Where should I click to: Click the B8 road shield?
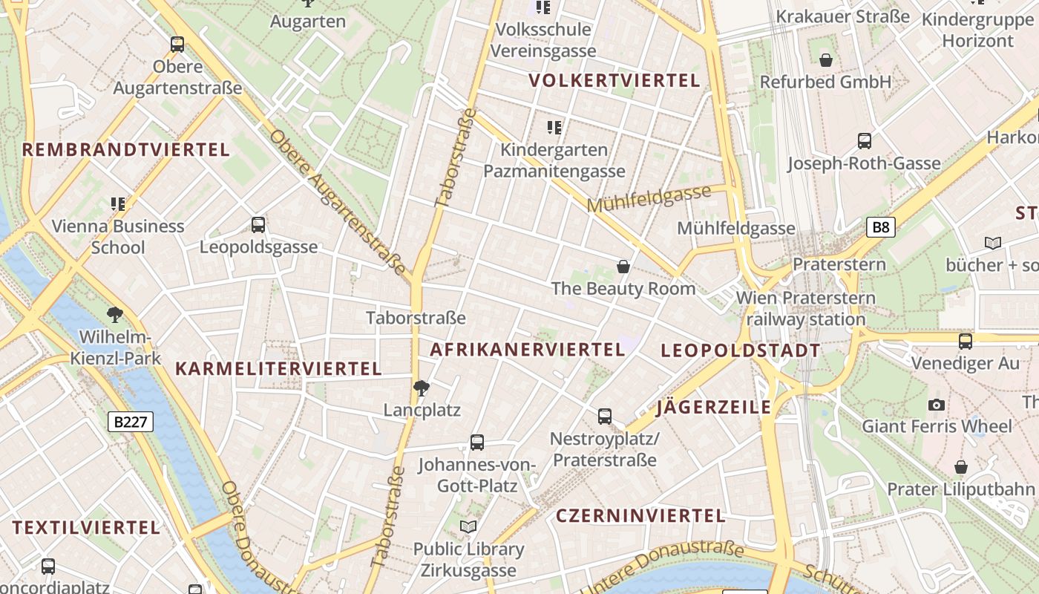880,227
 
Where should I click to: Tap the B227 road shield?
131,422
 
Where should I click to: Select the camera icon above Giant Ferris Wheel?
937,405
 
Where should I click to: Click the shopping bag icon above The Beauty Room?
623,267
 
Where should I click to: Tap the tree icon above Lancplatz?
422,388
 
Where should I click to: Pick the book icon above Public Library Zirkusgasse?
468,527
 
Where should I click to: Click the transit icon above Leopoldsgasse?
258,225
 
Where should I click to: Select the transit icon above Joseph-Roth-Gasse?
864,141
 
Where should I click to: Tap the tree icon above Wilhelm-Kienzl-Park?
115,315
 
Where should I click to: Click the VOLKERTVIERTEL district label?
614,81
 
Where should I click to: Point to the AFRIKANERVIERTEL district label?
528,350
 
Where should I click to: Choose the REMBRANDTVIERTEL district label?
126,150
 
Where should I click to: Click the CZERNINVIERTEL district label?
640,516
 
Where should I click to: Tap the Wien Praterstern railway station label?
805,309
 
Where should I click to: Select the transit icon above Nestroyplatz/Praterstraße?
605,417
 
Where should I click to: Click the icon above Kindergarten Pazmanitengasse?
554,128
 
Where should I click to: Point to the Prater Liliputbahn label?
961,489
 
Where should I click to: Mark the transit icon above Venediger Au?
965,342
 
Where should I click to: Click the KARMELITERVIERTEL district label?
278,368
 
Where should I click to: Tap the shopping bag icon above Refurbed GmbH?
825,60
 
